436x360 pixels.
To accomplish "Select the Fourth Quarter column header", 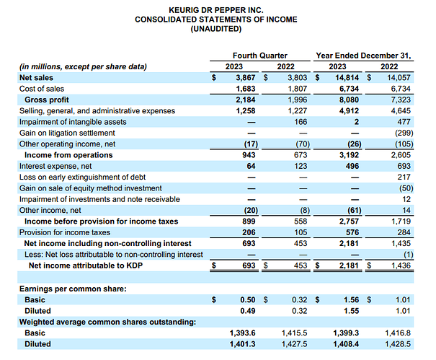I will (259, 56).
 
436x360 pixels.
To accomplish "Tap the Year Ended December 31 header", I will (363, 56).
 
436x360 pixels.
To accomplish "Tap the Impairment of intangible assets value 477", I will (403, 121).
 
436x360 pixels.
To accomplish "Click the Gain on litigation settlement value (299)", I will (399, 133).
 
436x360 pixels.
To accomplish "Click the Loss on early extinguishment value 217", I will (403, 177).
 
